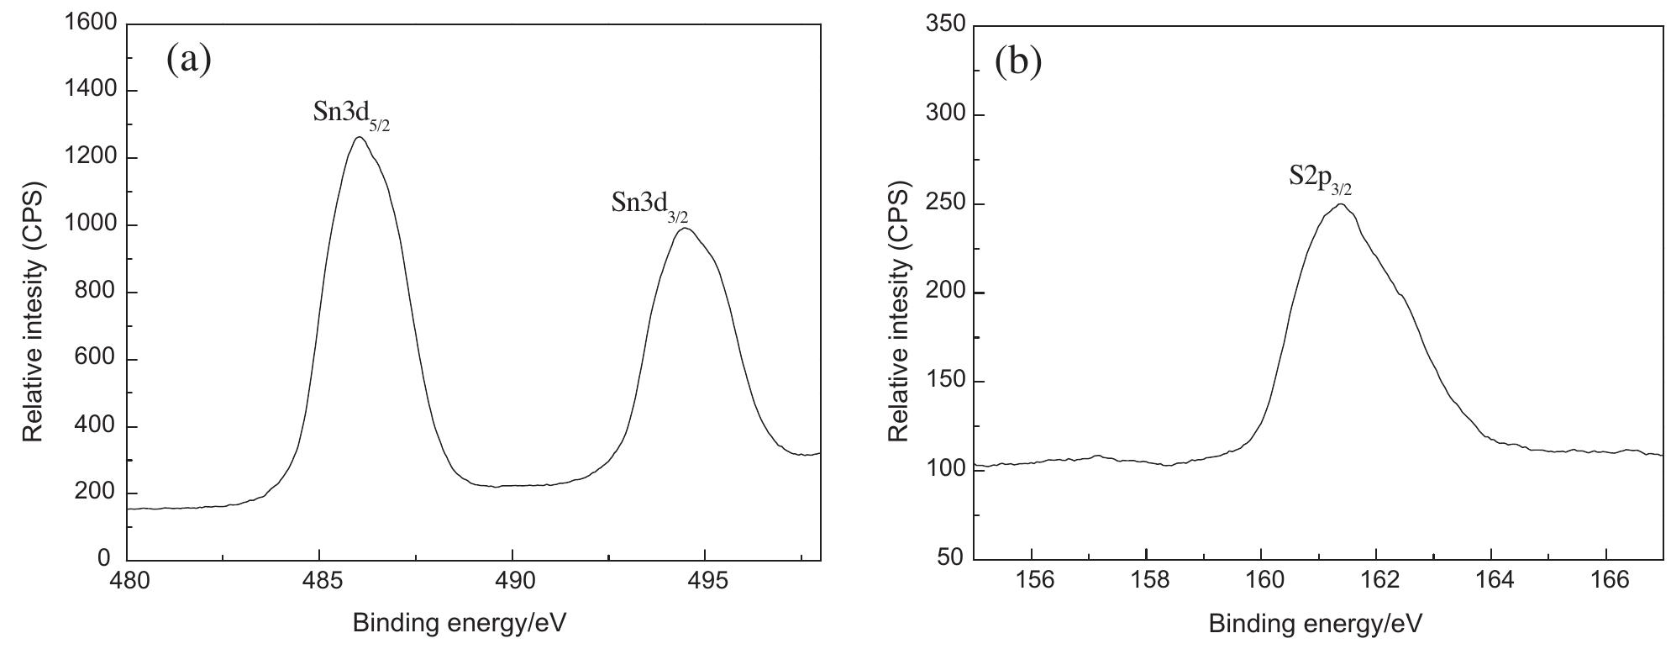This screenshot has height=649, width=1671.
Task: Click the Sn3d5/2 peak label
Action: coord(350,115)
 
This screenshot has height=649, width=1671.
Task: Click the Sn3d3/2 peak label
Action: coord(649,206)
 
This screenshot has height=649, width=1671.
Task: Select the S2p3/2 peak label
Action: coord(1320,179)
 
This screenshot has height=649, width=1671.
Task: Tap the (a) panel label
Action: coord(188,60)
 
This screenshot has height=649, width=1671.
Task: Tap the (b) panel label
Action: coord(1017,61)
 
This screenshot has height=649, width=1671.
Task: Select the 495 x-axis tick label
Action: coord(705,583)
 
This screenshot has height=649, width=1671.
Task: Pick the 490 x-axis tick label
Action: coord(512,583)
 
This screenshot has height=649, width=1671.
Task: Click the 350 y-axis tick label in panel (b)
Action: coord(943,25)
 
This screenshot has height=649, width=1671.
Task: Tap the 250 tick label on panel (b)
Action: coord(943,204)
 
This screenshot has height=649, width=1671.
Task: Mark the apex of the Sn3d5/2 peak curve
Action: coord(360,137)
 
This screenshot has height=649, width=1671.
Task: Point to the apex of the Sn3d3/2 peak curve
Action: coord(685,228)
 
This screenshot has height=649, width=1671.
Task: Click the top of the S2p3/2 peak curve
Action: coord(1341,204)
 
